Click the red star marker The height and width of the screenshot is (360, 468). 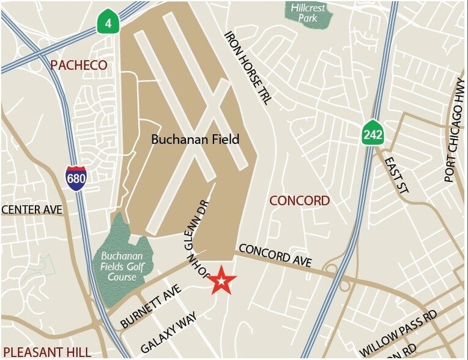tap(221, 281)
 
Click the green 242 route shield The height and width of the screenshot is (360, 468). tap(372, 133)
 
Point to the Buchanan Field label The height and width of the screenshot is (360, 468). tap(195, 140)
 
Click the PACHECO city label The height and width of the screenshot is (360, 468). tap(79, 65)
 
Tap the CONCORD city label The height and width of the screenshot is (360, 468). tap(300, 201)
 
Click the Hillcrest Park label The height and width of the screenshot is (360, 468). tap(308, 13)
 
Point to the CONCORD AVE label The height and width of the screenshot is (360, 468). tap(275, 256)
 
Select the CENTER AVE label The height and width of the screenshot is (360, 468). tap(32, 210)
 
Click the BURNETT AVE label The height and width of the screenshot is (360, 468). tap(151, 306)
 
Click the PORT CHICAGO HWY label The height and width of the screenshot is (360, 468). tap(456, 131)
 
